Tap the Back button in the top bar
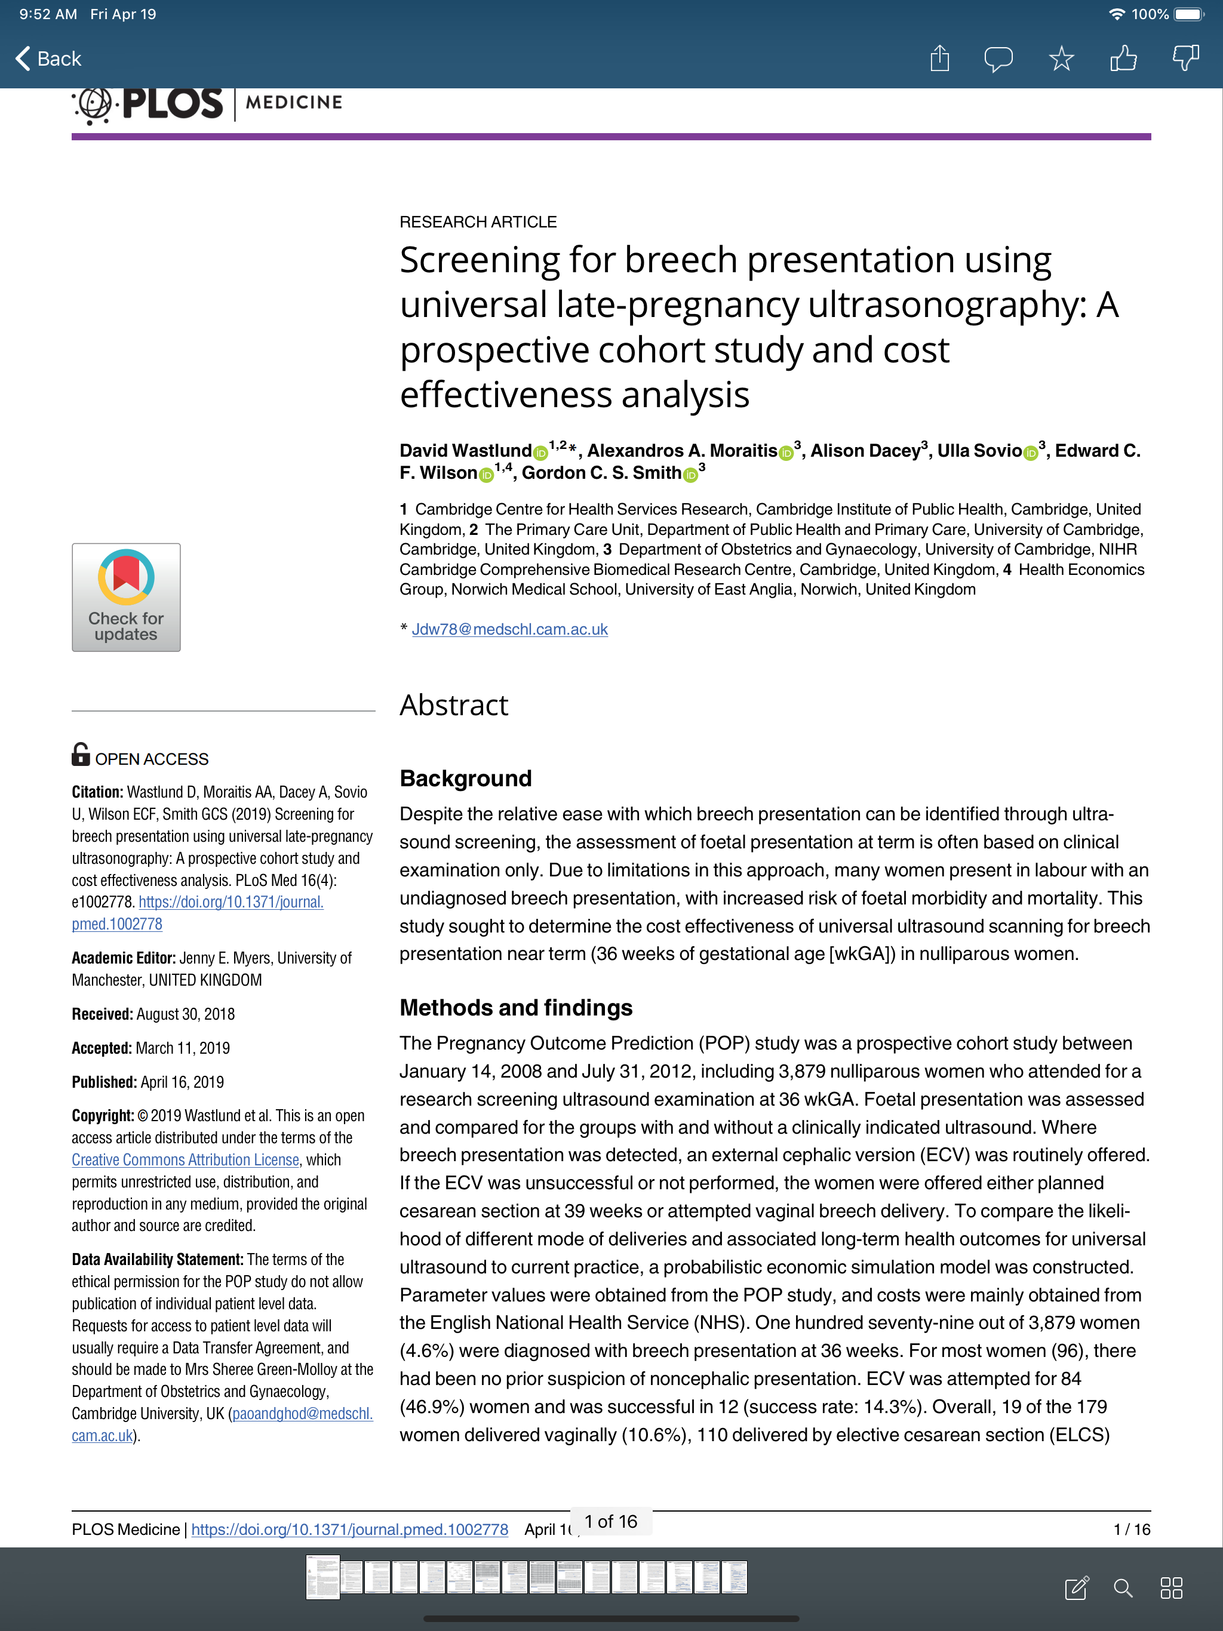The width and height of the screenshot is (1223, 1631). [49, 59]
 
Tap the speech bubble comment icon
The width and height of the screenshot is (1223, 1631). [998, 59]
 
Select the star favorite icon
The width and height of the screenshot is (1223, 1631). [1061, 59]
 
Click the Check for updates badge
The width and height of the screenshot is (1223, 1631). [126, 597]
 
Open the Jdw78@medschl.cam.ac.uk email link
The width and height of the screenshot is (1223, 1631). [510, 629]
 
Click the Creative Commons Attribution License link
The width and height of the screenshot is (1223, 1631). [185, 1160]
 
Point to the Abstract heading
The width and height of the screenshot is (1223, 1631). [454, 705]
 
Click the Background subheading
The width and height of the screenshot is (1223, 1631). [465, 778]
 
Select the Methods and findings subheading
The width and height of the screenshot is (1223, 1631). [515, 1007]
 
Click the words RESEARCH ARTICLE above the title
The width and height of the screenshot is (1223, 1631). [478, 222]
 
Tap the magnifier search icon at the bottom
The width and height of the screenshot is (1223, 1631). [1123, 1587]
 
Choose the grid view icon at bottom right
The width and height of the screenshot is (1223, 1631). [1172, 1587]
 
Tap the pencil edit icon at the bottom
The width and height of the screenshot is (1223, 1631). [1076, 1587]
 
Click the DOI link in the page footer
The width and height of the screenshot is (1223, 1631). [349, 1530]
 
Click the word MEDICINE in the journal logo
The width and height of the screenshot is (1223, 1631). [294, 103]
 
